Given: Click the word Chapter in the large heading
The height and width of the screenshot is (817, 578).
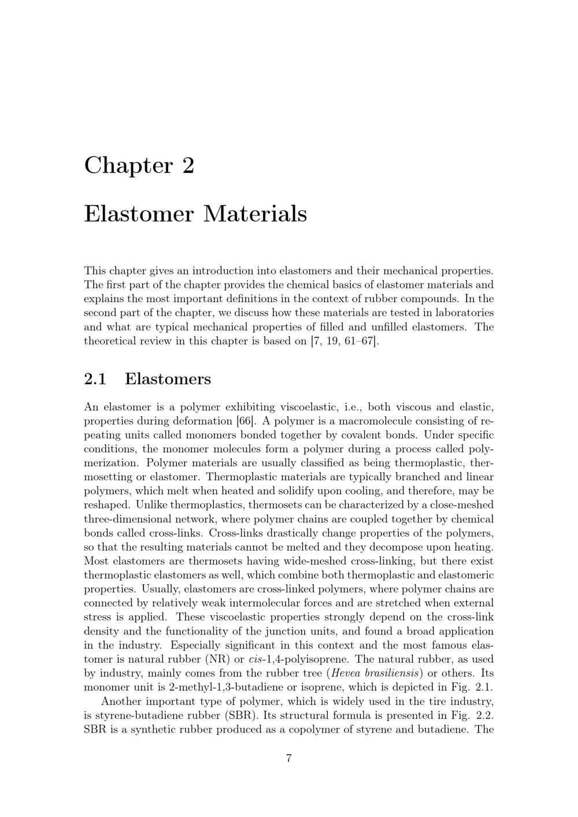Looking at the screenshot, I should pyautogui.click(x=128, y=166).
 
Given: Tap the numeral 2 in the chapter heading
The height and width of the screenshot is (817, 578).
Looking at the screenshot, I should pyautogui.click(x=188, y=166).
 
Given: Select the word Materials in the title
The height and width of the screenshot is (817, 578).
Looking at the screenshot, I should pyautogui.click(x=255, y=214).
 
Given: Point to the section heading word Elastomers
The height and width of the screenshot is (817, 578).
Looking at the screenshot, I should pyautogui.click(x=168, y=379).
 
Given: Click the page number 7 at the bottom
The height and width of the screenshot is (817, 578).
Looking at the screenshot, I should pyautogui.click(x=288, y=758).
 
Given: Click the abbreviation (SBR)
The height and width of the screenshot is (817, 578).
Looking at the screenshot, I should pyautogui.click(x=237, y=715).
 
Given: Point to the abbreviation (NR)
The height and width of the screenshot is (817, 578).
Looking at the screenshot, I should pyautogui.click(x=214, y=659).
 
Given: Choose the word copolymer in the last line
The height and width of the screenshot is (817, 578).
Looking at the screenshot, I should pyautogui.click(x=320, y=729).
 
